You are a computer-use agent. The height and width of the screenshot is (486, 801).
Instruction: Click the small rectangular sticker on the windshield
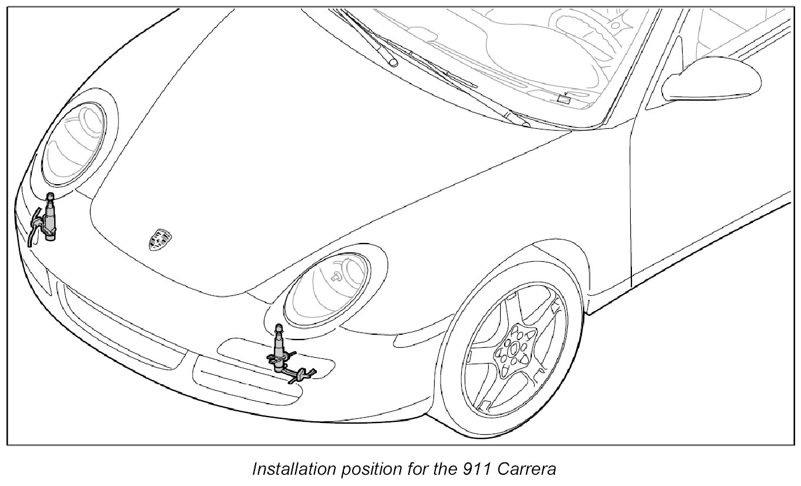(564, 99)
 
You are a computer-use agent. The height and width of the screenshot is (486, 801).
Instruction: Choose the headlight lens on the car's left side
(327, 288)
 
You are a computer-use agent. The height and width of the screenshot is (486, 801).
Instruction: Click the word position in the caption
(363, 470)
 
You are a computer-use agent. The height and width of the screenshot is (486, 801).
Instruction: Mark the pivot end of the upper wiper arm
(392, 61)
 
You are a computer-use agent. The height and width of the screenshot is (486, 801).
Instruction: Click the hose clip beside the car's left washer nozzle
(303, 374)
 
